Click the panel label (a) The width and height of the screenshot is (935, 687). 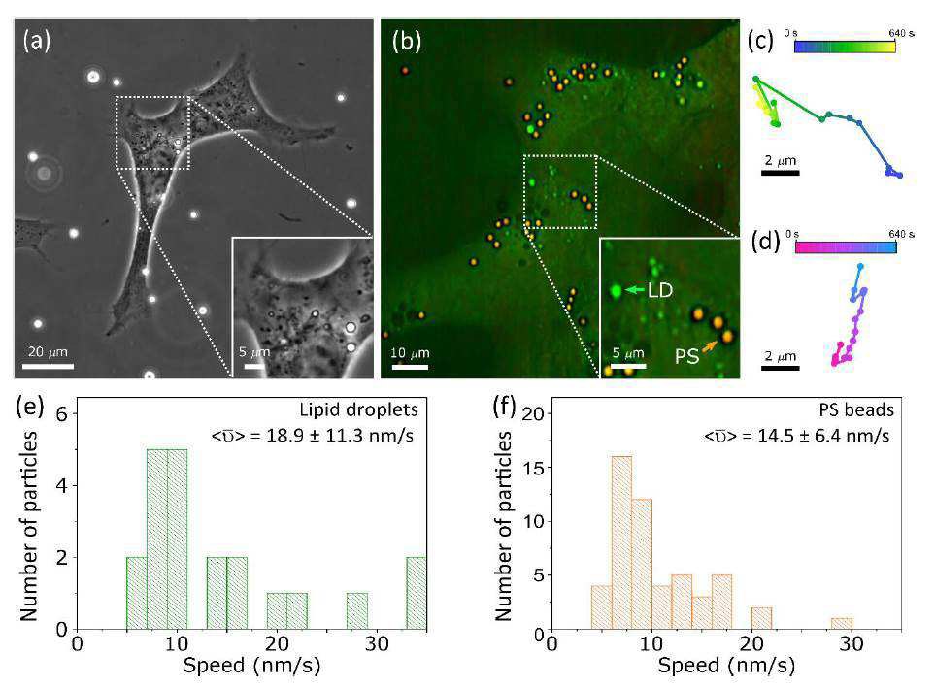click(37, 41)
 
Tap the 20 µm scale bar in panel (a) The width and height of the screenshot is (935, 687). click(48, 365)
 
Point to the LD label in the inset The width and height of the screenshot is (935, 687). click(660, 290)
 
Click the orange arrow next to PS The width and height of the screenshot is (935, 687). click(710, 346)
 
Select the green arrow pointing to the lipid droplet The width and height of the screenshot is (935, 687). click(634, 290)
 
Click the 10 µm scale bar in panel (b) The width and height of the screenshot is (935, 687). click(410, 367)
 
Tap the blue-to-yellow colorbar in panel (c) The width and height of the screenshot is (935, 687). click(845, 48)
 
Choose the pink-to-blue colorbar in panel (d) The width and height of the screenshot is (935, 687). click(846, 246)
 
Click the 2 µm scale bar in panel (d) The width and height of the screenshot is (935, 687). click(780, 368)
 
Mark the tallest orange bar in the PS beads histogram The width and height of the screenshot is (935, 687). click(622, 542)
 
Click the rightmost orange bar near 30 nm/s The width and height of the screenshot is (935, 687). click(842, 624)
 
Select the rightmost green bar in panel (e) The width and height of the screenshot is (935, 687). click(417, 594)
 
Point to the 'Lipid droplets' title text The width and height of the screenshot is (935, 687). click(359, 409)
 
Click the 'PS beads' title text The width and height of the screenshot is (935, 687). click(856, 409)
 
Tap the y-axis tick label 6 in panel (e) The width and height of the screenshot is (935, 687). click(61, 414)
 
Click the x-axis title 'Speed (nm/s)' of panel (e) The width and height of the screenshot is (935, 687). click(251, 666)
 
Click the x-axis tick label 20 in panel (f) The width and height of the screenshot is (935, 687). click(751, 643)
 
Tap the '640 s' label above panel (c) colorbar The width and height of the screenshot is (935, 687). click(901, 33)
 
